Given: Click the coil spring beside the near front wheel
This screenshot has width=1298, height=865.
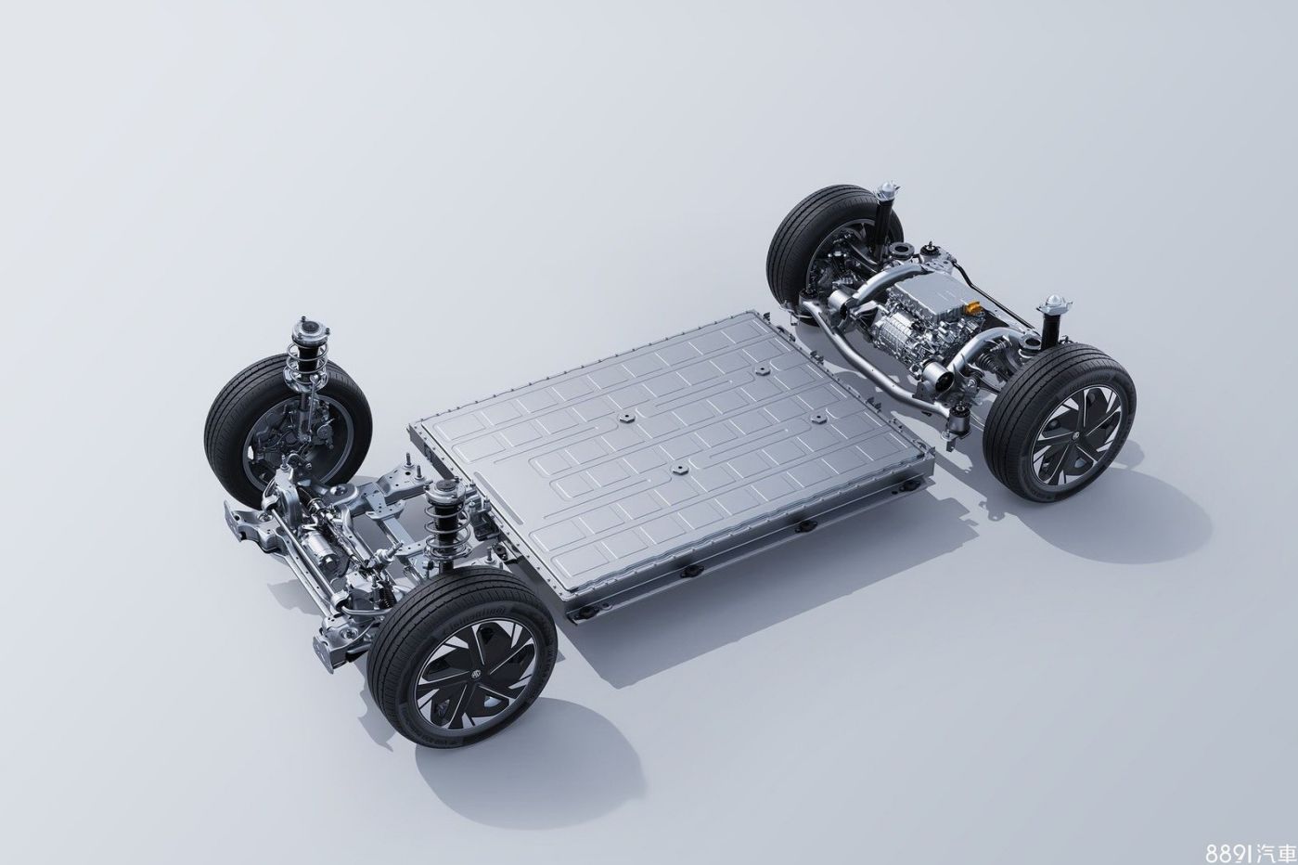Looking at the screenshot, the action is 439,523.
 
